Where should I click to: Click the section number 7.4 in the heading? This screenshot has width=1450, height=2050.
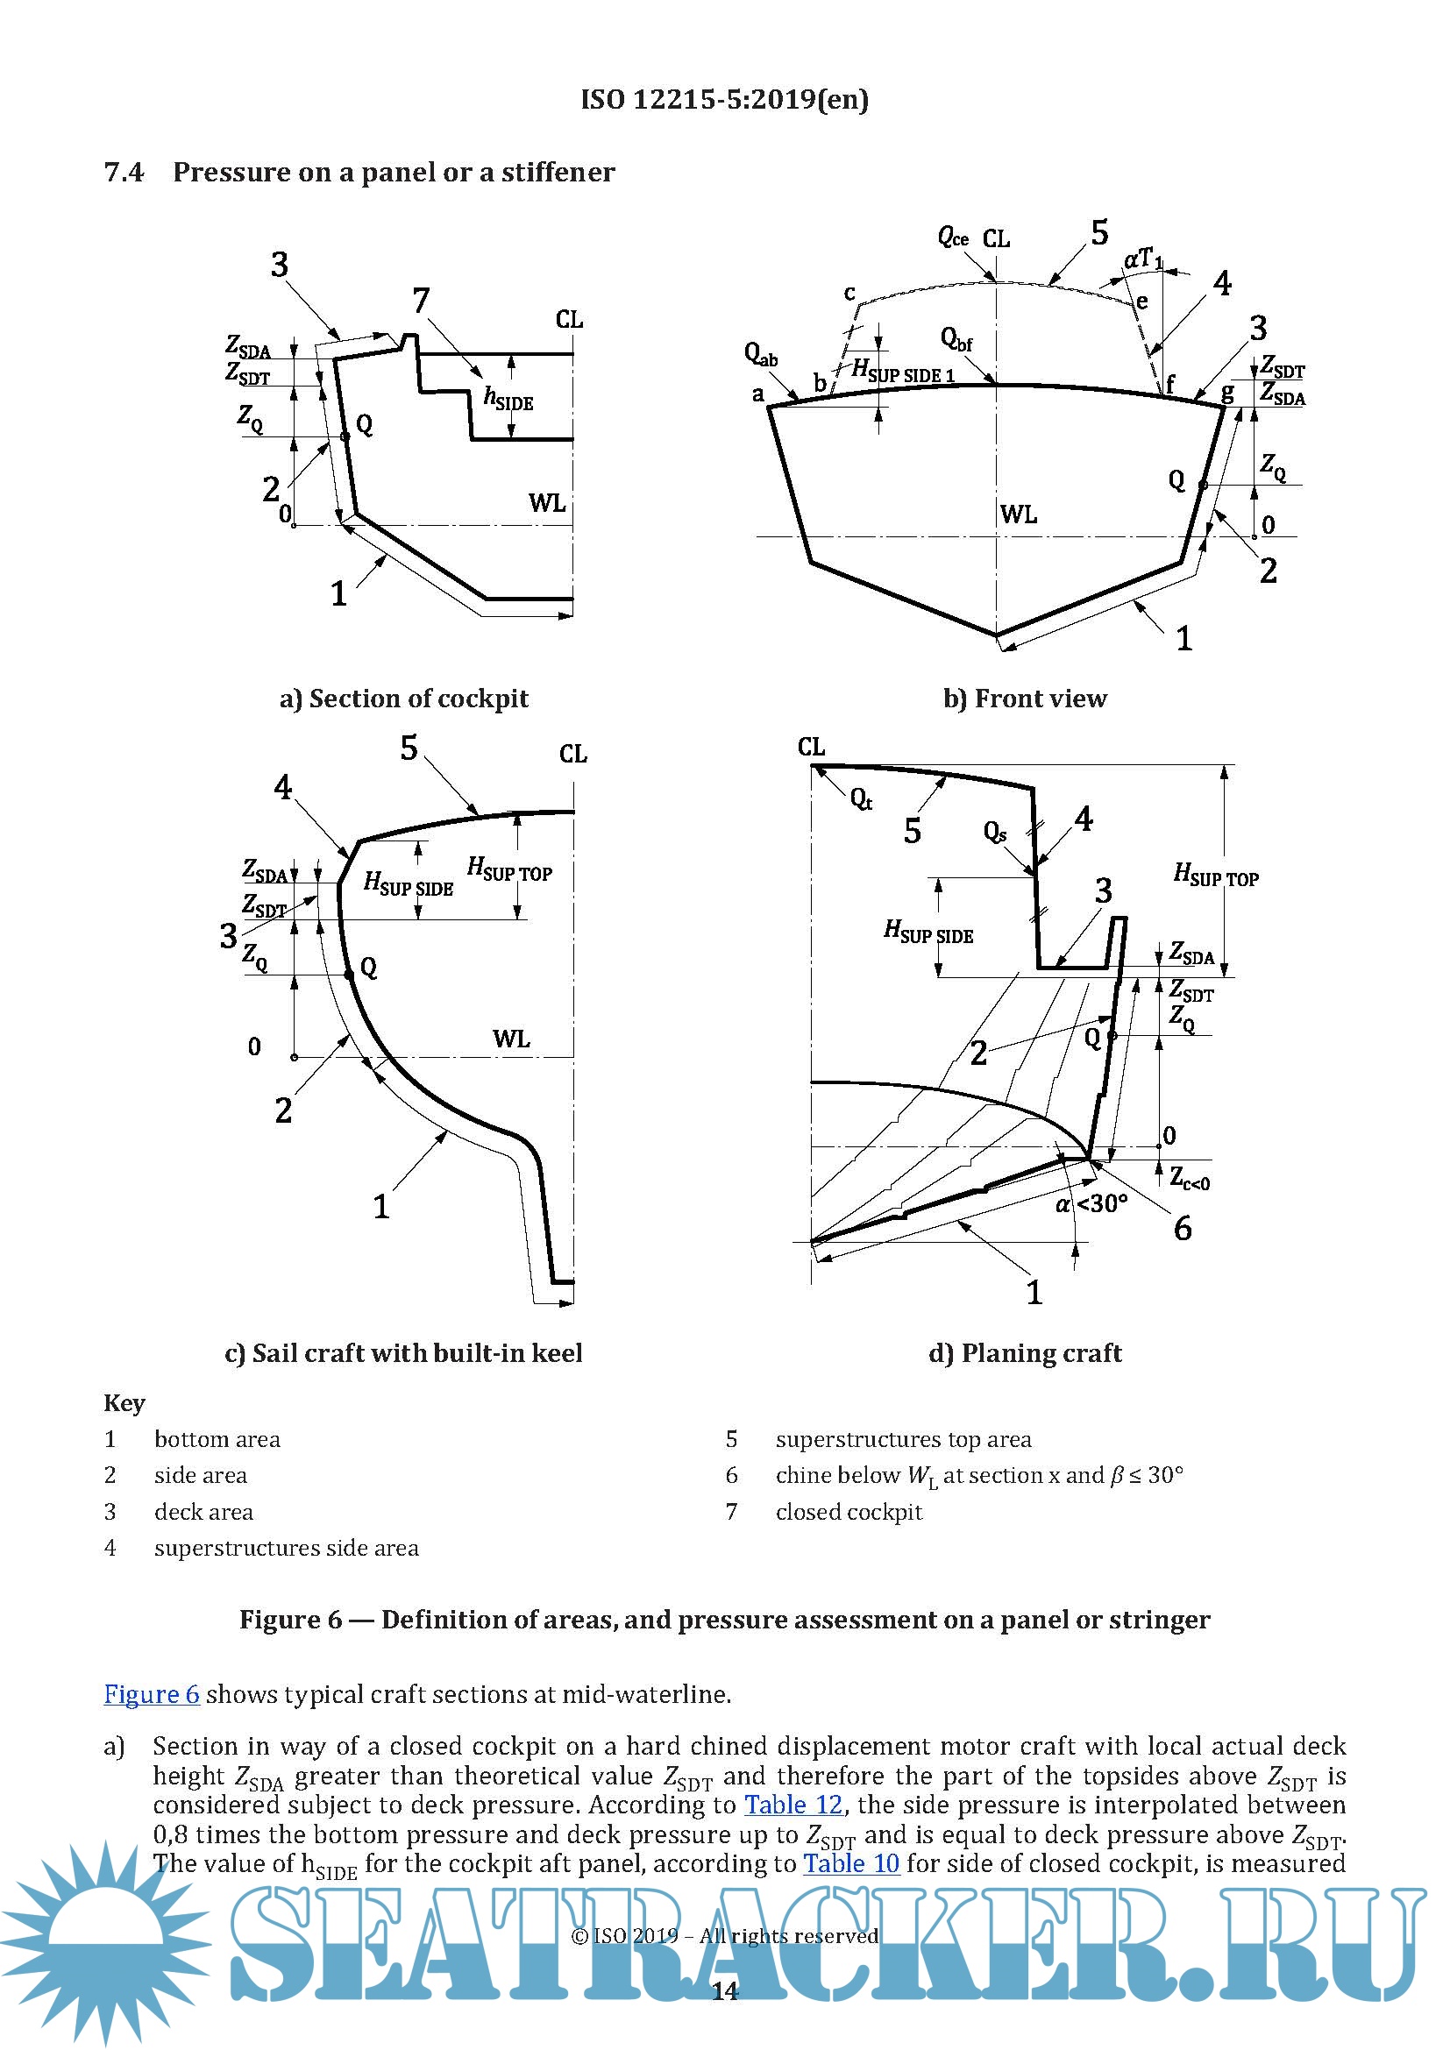[x=124, y=172]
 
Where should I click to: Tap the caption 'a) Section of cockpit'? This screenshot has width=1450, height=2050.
[x=403, y=699]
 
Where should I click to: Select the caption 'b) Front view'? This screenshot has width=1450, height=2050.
[x=1025, y=699]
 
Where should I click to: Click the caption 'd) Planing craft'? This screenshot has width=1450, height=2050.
[x=1025, y=1353]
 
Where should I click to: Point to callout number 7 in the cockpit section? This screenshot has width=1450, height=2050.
[x=421, y=301]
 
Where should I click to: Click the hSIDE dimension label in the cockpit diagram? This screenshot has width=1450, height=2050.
[x=508, y=398]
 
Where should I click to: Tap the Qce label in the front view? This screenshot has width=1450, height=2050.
[x=953, y=238]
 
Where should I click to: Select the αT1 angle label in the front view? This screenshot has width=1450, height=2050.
[x=1143, y=259]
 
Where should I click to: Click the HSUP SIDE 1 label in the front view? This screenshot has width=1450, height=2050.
[x=903, y=371]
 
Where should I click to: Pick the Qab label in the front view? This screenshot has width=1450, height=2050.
[x=760, y=354]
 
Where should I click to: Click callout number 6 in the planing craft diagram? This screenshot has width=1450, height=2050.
[x=1182, y=1230]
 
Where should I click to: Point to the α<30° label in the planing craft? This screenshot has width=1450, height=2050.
[x=1091, y=1204]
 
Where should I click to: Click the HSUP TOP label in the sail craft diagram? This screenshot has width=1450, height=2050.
[x=509, y=869]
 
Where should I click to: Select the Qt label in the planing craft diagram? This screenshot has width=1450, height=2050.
[x=861, y=799]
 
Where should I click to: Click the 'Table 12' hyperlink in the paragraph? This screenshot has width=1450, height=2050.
[x=793, y=1805]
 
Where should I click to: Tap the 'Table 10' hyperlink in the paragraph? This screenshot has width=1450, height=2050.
[x=850, y=1863]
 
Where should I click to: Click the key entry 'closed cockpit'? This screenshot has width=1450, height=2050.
[x=849, y=1512]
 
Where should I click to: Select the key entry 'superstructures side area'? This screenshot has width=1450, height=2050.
[x=286, y=1547]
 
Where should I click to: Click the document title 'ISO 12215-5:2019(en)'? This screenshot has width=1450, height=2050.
[x=724, y=99]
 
